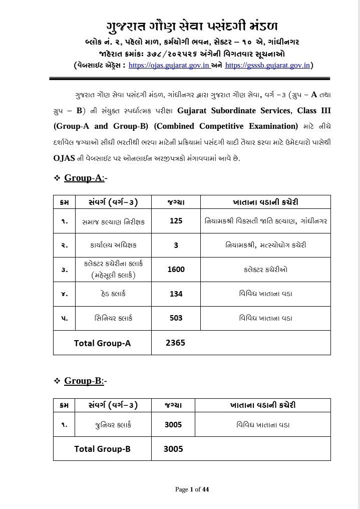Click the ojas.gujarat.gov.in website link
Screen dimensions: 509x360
(169, 65)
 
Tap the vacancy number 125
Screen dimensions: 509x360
(176, 221)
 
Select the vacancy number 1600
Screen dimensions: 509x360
(176, 270)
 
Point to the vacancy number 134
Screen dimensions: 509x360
(176, 294)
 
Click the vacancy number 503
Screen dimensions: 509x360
(176, 318)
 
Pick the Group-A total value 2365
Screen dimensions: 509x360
(176, 343)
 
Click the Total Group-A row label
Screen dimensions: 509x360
(102, 343)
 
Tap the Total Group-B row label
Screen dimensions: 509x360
(102, 449)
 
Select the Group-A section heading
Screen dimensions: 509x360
(84, 178)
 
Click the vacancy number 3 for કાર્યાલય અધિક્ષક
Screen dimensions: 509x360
(176, 245)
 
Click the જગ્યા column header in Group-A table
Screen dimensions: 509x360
(176, 202)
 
